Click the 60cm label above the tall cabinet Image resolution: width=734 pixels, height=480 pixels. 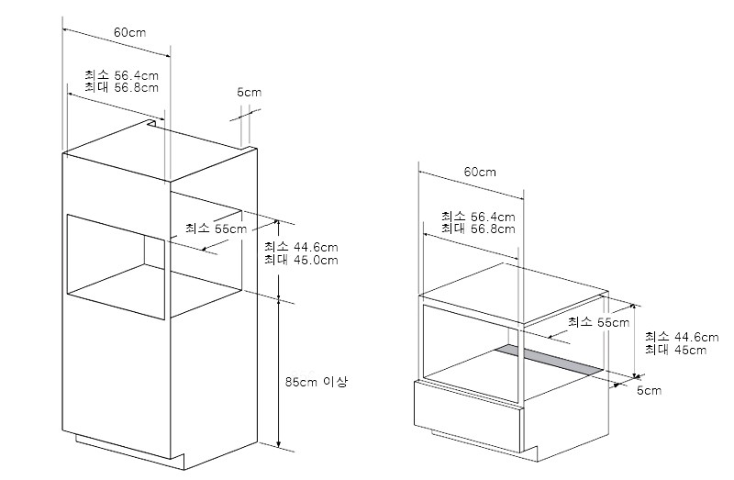pos(129,32)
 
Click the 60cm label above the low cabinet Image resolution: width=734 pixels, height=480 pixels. pos(480,172)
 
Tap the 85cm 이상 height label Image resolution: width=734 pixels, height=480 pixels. pos(317,382)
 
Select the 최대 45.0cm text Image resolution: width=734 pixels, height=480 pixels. pos(301,260)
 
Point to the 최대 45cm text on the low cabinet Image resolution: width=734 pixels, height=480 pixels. pos(676,350)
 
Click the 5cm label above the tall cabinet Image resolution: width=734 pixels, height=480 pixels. pos(249,93)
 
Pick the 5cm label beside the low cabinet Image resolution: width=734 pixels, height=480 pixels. pos(650,391)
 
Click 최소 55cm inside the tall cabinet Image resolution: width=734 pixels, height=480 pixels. pos(216,229)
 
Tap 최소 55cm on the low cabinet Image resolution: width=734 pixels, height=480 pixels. pos(599,322)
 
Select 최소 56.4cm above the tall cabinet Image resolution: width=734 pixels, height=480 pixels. pos(122,75)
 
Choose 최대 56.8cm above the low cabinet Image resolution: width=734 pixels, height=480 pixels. pos(478,229)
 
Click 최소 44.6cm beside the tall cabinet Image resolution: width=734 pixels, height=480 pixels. pos(301,247)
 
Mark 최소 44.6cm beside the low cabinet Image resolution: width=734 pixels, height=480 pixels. pos(682,337)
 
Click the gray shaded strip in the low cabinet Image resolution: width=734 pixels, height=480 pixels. pos(549,360)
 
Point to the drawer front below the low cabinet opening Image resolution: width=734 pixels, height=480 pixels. pos(468,415)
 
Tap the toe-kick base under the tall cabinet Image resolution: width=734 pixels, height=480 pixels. pos(130,451)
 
